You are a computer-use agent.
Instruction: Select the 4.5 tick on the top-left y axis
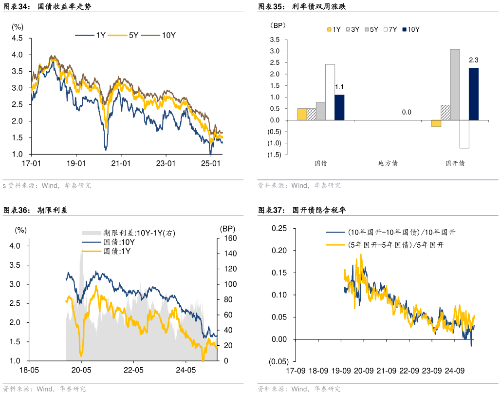click(x=18, y=38)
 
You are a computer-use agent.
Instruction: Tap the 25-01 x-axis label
click(x=211, y=163)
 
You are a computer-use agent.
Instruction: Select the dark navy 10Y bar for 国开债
click(x=474, y=94)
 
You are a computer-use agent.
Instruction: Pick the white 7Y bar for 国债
click(x=330, y=92)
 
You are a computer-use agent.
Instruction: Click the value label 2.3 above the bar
click(x=474, y=60)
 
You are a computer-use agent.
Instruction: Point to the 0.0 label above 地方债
click(x=407, y=112)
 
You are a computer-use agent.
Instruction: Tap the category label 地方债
click(x=388, y=163)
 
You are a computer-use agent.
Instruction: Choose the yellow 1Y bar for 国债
click(x=302, y=114)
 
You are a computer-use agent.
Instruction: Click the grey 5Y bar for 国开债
click(x=455, y=84)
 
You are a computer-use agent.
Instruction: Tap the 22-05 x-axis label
click(x=134, y=370)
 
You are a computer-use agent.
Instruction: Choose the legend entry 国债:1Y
click(x=119, y=251)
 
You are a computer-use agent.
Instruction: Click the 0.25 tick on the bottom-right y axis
click(x=279, y=228)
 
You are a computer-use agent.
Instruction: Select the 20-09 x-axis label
click(x=364, y=371)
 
